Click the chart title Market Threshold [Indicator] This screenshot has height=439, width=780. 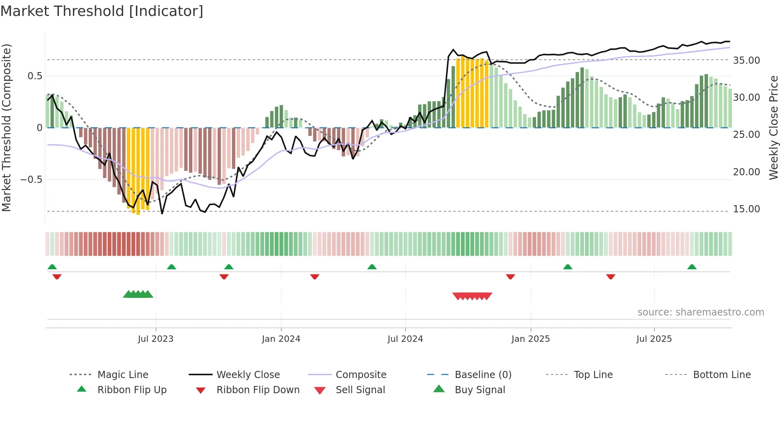[x=102, y=11]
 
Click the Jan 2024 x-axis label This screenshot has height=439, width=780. [x=281, y=339]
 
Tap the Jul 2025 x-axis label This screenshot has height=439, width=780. [x=654, y=339]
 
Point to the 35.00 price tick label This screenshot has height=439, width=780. [x=746, y=61]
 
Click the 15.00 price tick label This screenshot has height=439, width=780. [x=746, y=209]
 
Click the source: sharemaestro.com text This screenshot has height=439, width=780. [x=700, y=312]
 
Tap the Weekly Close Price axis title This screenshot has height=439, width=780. [x=773, y=127]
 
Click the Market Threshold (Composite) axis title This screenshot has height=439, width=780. [x=6, y=127]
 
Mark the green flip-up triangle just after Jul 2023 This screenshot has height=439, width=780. [x=172, y=267]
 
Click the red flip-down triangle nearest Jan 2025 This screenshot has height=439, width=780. [x=511, y=276]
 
